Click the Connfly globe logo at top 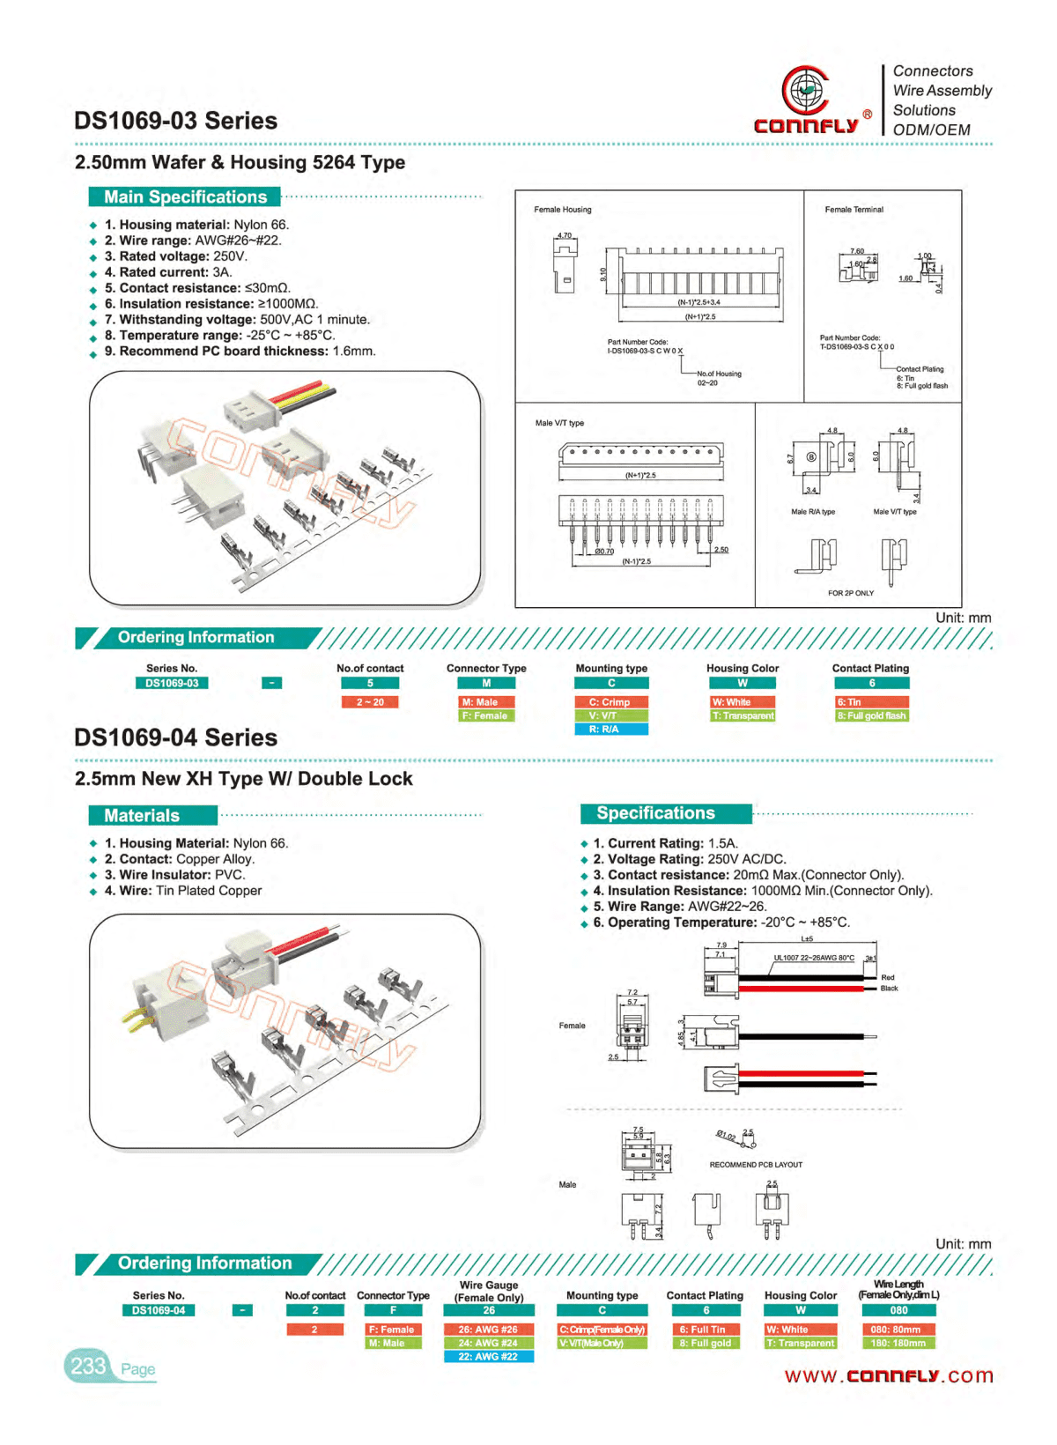point(804,90)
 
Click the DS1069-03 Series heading point(175,121)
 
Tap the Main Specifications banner point(185,197)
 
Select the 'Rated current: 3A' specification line point(167,272)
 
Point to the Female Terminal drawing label point(854,210)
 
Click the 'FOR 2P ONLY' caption point(850,593)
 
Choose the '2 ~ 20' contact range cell point(370,702)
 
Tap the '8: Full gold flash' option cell point(870,715)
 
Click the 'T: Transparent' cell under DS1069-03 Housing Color point(743,715)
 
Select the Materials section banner point(152,816)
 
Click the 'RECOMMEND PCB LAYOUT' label point(756,1165)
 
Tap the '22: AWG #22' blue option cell point(488,1357)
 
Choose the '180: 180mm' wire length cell point(898,1344)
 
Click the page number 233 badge point(88,1367)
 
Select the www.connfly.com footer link point(888,1375)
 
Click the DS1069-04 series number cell point(159,1310)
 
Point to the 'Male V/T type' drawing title point(559,423)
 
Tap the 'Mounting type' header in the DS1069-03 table point(611,668)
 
